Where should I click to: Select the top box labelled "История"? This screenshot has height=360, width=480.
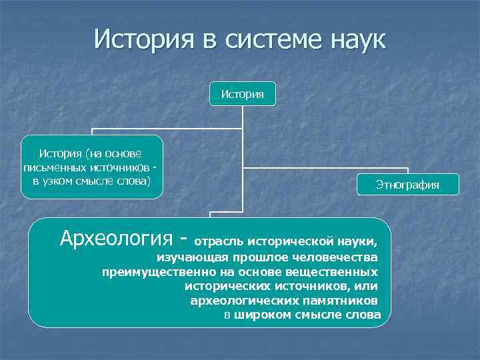point(242,94)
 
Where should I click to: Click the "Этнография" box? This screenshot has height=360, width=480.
point(407,185)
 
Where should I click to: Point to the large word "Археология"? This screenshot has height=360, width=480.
point(117,237)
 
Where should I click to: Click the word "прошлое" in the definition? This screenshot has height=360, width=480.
point(255,257)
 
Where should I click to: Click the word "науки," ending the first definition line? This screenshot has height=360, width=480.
point(362,241)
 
